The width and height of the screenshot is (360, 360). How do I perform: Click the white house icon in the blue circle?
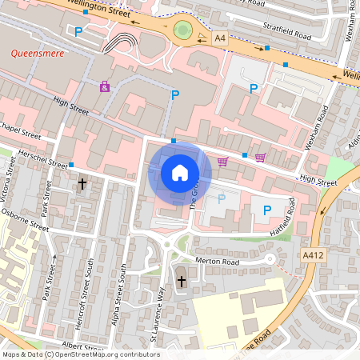tap(180, 171)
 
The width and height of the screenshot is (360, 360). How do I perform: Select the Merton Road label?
tap(218, 262)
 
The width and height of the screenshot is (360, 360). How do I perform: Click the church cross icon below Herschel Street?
tap(82, 184)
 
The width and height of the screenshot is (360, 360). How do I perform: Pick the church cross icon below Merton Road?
tap(181, 281)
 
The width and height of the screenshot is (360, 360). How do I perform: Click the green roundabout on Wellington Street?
tap(183, 31)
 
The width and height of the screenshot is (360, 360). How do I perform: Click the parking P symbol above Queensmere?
tap(78, 32)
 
